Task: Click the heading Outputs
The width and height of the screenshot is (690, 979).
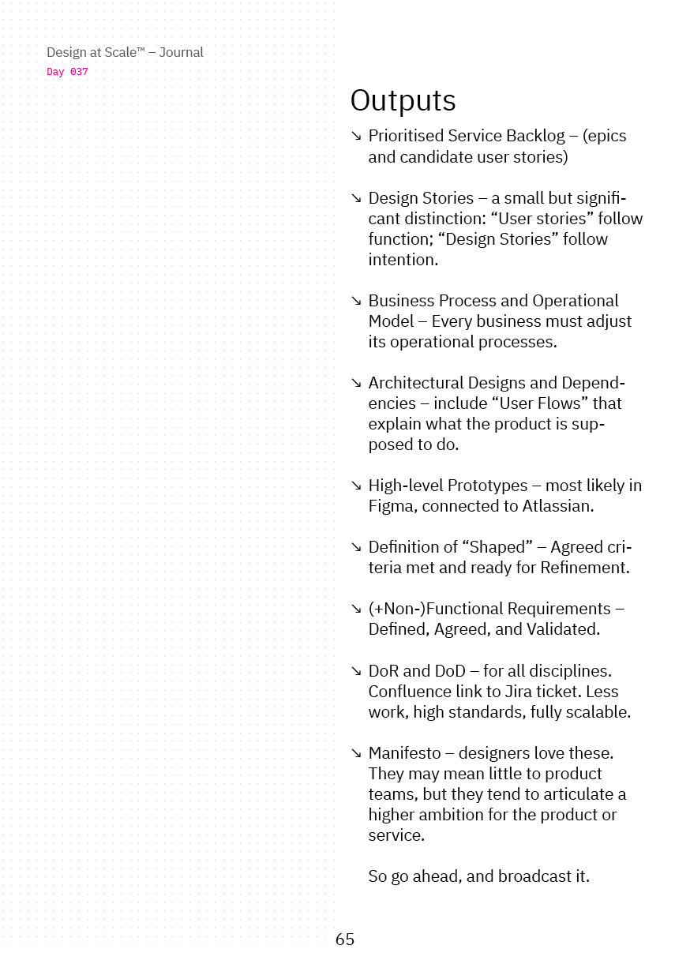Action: [403, 101]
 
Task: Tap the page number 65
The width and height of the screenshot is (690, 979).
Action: [345, 939]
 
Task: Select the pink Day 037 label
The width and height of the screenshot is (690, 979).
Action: [67, 72]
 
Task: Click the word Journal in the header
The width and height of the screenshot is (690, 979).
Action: [181, 53]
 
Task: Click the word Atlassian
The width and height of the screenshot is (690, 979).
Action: [557, 506]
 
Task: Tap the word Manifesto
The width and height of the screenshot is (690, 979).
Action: [404, 753]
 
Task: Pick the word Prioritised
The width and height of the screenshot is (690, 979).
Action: [407, 136]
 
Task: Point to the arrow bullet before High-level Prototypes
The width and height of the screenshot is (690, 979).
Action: [356, 486]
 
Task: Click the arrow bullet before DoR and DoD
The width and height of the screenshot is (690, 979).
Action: [356, 671]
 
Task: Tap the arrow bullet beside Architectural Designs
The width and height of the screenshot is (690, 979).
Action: [356, 383]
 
